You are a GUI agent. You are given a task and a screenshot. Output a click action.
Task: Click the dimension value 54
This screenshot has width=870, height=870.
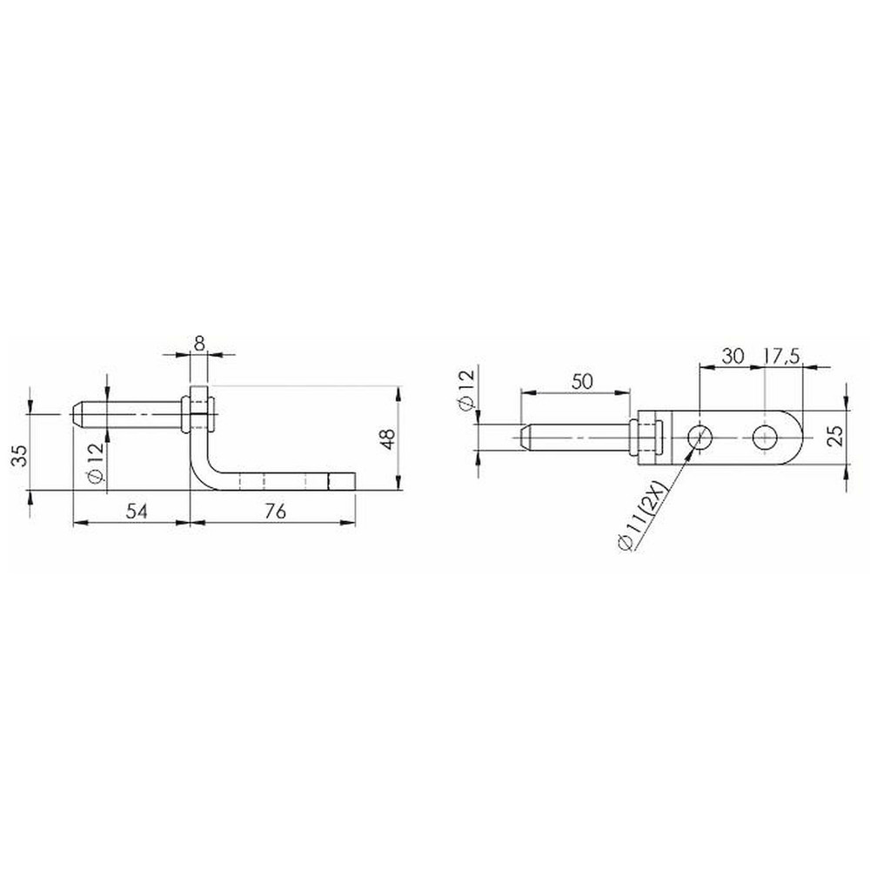137,511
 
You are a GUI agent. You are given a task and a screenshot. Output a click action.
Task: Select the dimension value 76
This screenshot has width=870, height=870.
275,511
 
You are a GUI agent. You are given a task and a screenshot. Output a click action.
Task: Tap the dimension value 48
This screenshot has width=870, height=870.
388,438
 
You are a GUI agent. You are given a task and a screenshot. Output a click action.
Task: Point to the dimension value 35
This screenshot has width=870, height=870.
21,456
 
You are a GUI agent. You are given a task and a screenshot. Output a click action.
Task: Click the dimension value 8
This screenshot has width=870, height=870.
200,343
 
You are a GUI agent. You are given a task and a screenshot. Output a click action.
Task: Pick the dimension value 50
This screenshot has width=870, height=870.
581,381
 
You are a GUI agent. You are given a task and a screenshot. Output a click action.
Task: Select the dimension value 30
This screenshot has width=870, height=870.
733,356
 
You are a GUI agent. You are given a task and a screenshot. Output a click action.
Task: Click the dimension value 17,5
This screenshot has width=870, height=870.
781,356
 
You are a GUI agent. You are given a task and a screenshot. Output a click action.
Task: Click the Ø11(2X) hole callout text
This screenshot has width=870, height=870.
644,517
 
